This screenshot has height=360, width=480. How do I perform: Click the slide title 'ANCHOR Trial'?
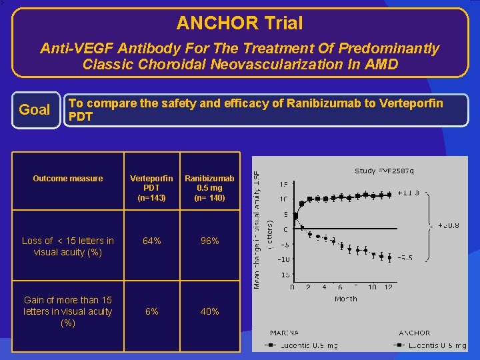[x=239, y=23]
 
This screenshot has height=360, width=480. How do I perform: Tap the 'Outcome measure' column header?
[x=68, y=178]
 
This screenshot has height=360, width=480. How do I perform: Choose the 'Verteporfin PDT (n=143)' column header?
[x=151, y=188]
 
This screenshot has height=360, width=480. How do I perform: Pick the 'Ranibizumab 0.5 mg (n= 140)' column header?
[x=209, y=188]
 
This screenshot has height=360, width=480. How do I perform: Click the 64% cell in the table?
[x=151, y=241]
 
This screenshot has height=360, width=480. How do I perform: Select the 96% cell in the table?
[x=209, y=241]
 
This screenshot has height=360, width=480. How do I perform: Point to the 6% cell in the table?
[x=151, y=311]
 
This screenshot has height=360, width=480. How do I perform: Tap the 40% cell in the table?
[x=209, y=311]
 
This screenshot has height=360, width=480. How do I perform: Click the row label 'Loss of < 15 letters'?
[x=68, y=246]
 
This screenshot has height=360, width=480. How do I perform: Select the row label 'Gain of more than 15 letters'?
[x=68, y=311]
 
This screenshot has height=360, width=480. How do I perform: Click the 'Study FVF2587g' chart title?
[x=384, y=171]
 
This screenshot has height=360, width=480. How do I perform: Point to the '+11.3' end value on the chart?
[x=408, y=193]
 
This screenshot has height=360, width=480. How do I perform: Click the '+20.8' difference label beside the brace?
[x=447, y=225]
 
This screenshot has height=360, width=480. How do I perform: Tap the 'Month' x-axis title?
[x=345, y=299]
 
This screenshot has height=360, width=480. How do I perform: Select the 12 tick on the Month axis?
[x=389, y=287]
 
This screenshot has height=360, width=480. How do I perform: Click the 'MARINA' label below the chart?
[x=285, y=333]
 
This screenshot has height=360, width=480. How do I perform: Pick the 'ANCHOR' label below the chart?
[x=414, y=333]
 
